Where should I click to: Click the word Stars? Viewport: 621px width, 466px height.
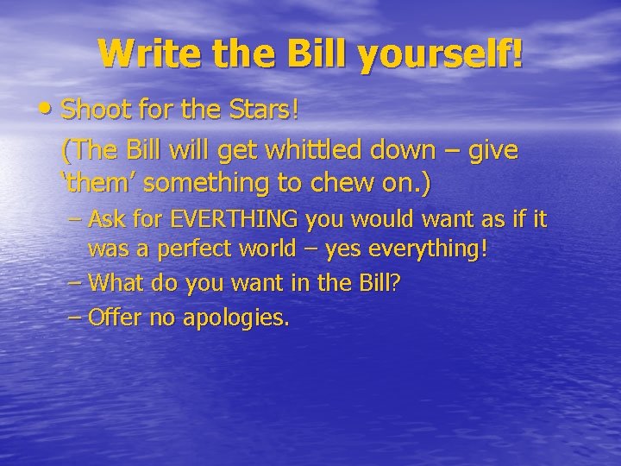pos(271,110)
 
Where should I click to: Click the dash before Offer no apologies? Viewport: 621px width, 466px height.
pos(75,317)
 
